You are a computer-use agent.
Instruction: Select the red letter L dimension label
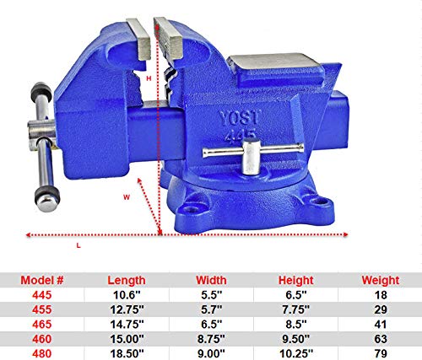tap(78, 245)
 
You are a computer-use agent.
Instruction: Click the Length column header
tap(126, 280)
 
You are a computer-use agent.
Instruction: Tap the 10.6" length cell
tap(126, 295)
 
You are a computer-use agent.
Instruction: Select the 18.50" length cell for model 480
tap(126, 352)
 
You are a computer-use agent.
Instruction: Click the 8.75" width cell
tap(211, 337)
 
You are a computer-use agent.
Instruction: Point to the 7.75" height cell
tap(295, 309)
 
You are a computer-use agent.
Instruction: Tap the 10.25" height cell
tap(295, 352)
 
